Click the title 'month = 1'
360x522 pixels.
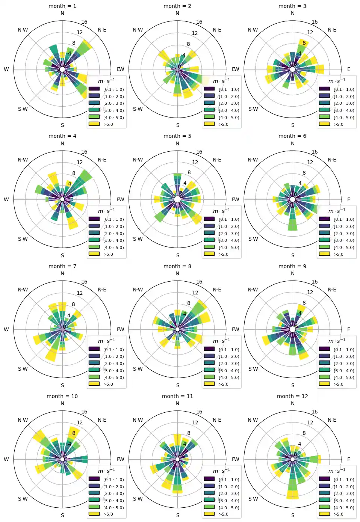62,6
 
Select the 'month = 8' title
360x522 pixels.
177,266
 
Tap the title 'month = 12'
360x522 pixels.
292,396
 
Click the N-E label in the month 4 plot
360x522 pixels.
102,160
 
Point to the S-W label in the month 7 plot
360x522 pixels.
23,369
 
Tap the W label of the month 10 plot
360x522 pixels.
6,459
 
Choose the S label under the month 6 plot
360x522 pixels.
293,255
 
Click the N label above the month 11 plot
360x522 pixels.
177,403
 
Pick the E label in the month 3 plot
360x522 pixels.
349,69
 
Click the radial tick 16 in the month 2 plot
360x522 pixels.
199,22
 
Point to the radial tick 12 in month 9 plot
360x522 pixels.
310,292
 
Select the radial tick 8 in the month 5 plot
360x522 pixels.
189,172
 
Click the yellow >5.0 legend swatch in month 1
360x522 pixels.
94,124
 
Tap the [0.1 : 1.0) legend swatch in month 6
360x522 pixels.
324,219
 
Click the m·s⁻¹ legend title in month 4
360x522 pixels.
106,211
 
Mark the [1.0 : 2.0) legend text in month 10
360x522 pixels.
113,487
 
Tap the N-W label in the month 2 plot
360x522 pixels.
138,30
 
